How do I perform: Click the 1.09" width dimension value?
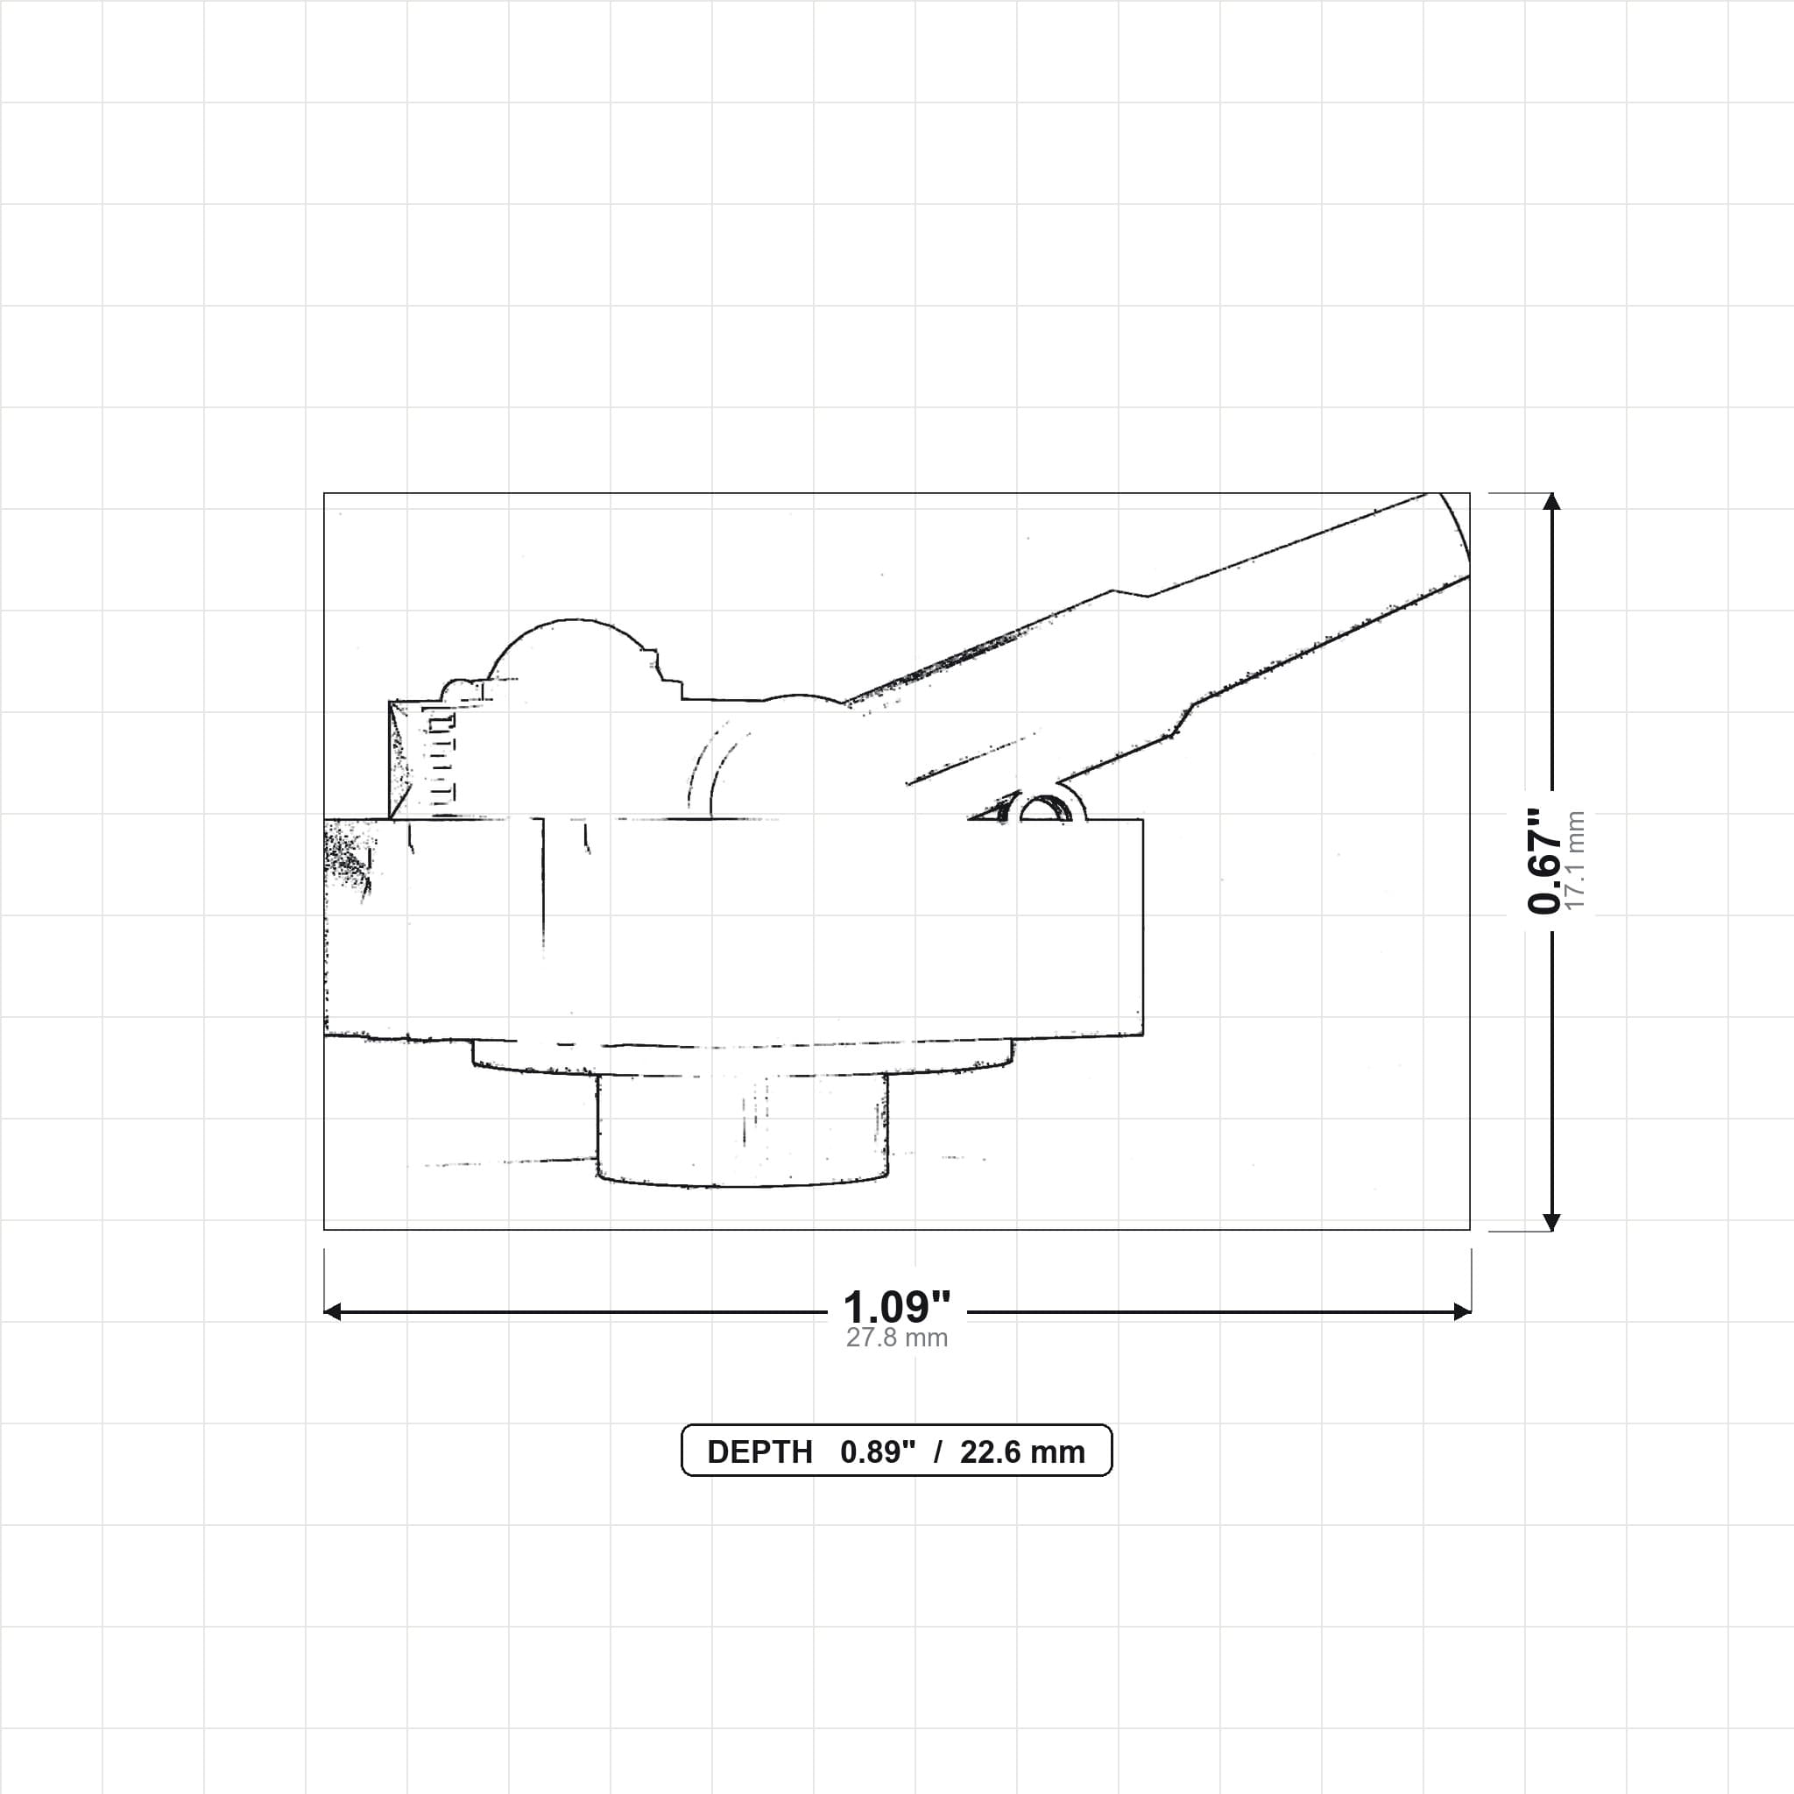pos(896,1308)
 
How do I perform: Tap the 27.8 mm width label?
pos(896,1338)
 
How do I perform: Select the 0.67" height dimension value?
pos(1544,861)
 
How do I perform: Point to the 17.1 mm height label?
pos(1575,861)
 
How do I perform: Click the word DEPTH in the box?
pos(759,1452)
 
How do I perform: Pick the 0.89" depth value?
pos(878,1452)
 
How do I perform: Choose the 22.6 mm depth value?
pos(1022,1452)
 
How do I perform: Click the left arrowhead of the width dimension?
pos(332,1312)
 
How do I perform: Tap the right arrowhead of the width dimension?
pos(1462,1312)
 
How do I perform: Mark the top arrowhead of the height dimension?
pos(1550,501)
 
